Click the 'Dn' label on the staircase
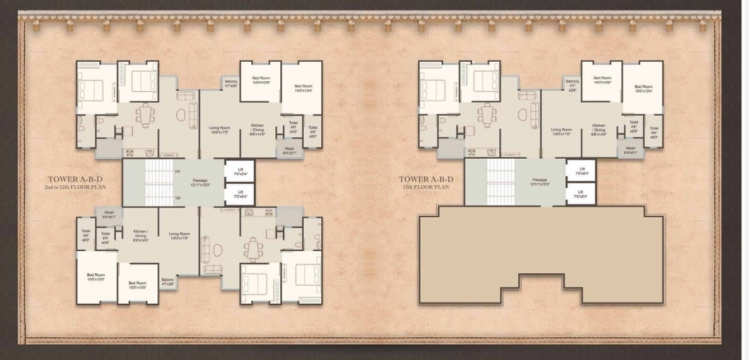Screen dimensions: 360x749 click(178, 171)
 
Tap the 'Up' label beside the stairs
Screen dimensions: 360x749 click(178, 197)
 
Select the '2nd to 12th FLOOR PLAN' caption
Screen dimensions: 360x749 click(76, 187)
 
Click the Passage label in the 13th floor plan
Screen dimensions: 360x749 click(540, 182)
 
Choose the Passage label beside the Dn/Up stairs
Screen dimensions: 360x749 click(200, 182)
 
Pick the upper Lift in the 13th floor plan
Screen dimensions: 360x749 click(582, 171)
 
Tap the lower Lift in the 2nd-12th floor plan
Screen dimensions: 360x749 click(240, 194)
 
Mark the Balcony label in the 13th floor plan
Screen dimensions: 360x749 click(571, 85)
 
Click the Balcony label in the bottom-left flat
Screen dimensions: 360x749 click(168, 281)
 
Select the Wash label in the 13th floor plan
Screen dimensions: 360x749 click(630, 150)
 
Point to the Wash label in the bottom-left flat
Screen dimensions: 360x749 click(109, 214)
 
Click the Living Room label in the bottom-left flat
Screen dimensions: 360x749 click(179, 236)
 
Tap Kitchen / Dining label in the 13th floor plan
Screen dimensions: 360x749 click(599, 130)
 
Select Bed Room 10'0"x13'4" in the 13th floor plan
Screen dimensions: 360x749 click(643, 89)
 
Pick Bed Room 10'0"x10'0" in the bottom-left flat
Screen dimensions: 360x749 click(137, 284)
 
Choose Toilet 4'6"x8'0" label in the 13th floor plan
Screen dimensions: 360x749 click(653, 132)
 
